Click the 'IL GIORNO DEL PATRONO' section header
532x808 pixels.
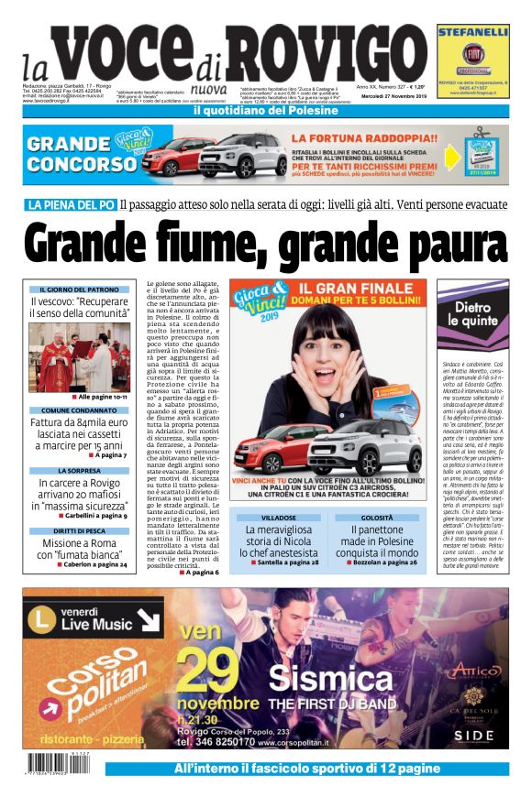click(x=73, y=289)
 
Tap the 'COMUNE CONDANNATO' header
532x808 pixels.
click(x=73, y=410)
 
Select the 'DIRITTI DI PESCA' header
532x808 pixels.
click(x=73, y=530)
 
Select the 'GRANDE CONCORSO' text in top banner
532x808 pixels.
click(x=82, y=153)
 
